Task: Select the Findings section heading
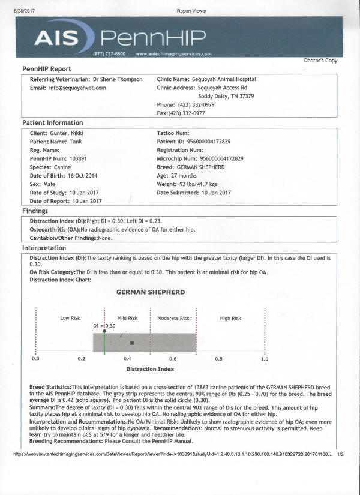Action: click(35, 211)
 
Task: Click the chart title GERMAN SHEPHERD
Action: click(151, 292)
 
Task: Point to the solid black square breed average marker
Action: click(132, 343)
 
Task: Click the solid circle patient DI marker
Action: click(104, 331)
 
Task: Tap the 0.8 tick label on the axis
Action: click(219, 358)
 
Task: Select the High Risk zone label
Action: click(230, 318)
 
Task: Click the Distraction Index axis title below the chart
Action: click(150, 369)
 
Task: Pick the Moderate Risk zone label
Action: click(173, 318)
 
